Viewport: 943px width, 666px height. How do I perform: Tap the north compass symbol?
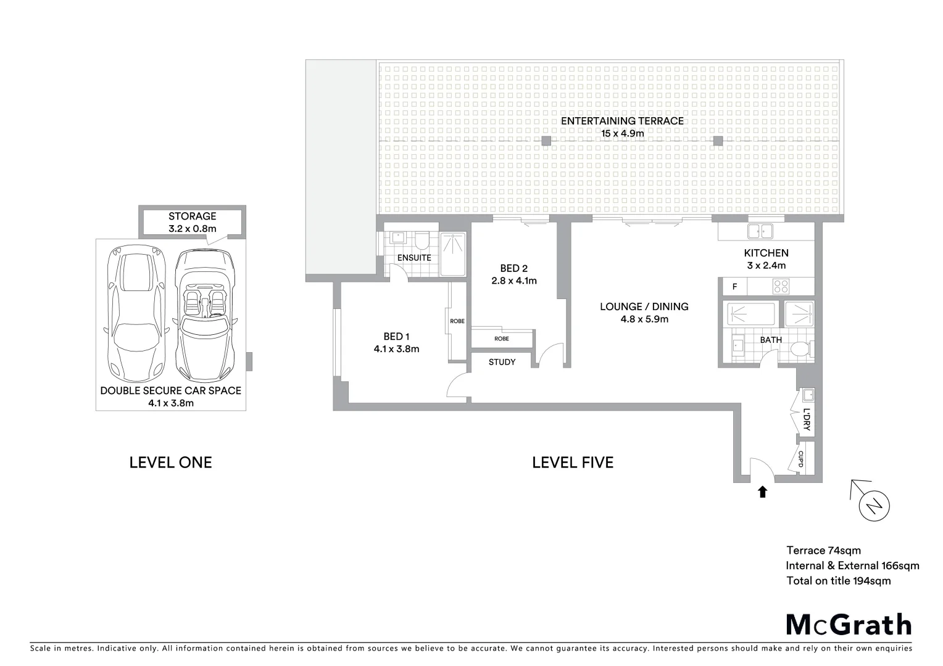[874, 506]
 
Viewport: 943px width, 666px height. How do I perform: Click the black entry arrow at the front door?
[762, 491]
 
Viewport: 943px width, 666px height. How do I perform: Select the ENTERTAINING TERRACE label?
[622, 121]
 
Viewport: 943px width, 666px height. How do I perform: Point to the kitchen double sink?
[760, 231]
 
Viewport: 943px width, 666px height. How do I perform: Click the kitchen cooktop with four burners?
[781, 286]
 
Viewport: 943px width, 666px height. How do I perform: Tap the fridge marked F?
[734, 287]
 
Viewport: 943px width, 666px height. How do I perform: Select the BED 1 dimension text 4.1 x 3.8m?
[396, 349]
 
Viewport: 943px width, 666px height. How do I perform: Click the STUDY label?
[502, 362]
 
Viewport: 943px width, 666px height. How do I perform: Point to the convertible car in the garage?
[206, 314]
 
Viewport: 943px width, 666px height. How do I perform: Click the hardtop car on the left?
[136, 314]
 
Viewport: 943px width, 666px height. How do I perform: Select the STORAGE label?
[193, 216]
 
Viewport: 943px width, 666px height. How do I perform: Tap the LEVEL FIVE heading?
[573, 462]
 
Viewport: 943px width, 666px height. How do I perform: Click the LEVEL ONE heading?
[170, 462]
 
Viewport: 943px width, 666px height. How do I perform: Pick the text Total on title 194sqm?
[838, 580]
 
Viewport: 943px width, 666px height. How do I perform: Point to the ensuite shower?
[454, 253]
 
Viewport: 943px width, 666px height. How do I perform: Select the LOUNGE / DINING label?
[644, 306]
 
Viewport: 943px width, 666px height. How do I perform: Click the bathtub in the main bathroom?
[750, 314]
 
